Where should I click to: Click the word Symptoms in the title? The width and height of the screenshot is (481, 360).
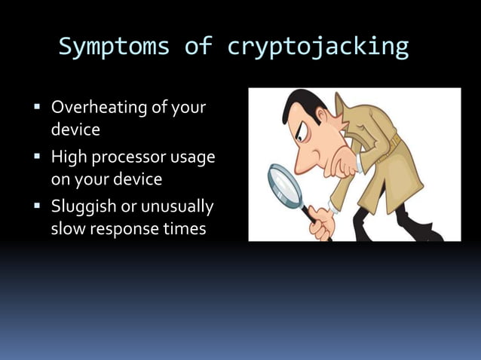115,47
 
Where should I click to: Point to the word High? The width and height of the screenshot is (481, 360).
69,157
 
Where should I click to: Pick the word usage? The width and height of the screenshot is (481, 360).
193,157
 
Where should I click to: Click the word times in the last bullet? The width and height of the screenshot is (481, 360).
185,229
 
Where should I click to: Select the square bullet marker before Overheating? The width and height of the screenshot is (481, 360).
37,108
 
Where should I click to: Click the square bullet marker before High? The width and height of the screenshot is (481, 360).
37,157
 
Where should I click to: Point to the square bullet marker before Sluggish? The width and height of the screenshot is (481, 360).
37,206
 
